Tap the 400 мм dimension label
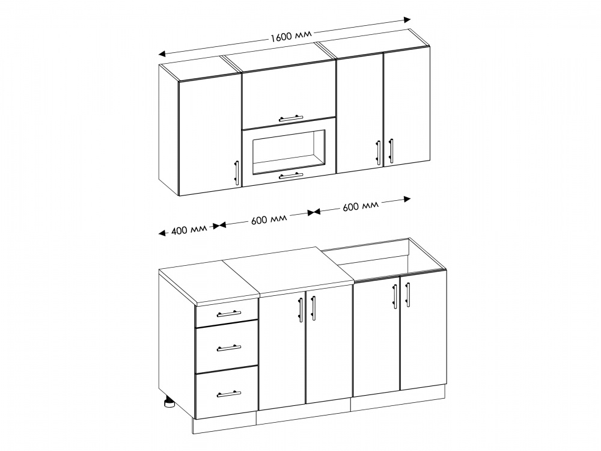coord(189,230)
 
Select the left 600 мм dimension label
coord(269,219)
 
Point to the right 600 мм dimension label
coord(360,205)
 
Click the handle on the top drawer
coord(229,314)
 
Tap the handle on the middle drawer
coord(229,348)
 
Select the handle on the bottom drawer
coord(229,394)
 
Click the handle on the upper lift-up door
coord(291,118)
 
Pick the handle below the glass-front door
coord(291,176)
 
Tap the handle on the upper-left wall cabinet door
coord(237,173)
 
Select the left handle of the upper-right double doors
coord(378,152)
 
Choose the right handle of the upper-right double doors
coord(391,150)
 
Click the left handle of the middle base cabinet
coord(301,310)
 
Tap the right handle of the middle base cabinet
coord(314,307)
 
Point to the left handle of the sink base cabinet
coord(395,296)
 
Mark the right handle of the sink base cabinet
coord(407,295)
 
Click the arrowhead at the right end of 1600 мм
coord(407,20)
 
